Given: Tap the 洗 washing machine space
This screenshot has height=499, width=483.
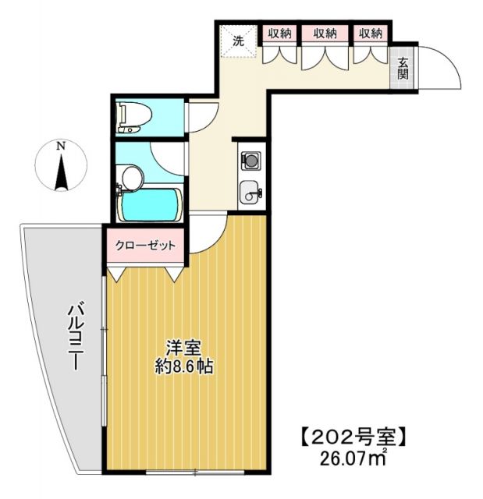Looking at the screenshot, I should click(x=236, y=40).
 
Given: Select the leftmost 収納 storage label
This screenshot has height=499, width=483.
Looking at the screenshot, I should click(x=280, y=34).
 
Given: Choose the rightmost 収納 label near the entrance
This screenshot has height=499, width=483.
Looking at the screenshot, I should click(x=371, y=34).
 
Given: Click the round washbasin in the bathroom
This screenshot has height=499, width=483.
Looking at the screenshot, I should click(x=131, y=179).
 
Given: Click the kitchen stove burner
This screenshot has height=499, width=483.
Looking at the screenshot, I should click(x=251, y=161).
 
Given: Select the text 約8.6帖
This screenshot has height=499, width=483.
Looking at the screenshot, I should click(x=184, y=364).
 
